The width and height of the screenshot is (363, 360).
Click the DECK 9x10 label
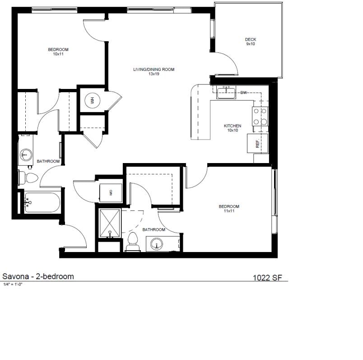251,42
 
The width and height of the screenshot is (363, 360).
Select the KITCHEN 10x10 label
233,128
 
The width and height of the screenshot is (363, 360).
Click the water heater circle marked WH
93,100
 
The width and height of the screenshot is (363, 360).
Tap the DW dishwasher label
244,93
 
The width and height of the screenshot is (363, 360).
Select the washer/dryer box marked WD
110,192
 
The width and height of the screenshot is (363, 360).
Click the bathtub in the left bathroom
42,203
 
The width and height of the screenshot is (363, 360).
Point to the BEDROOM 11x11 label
229,209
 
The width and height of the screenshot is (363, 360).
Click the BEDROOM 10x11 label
58,51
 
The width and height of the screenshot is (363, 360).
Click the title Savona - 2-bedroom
38,276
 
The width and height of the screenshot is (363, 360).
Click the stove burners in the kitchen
260,116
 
